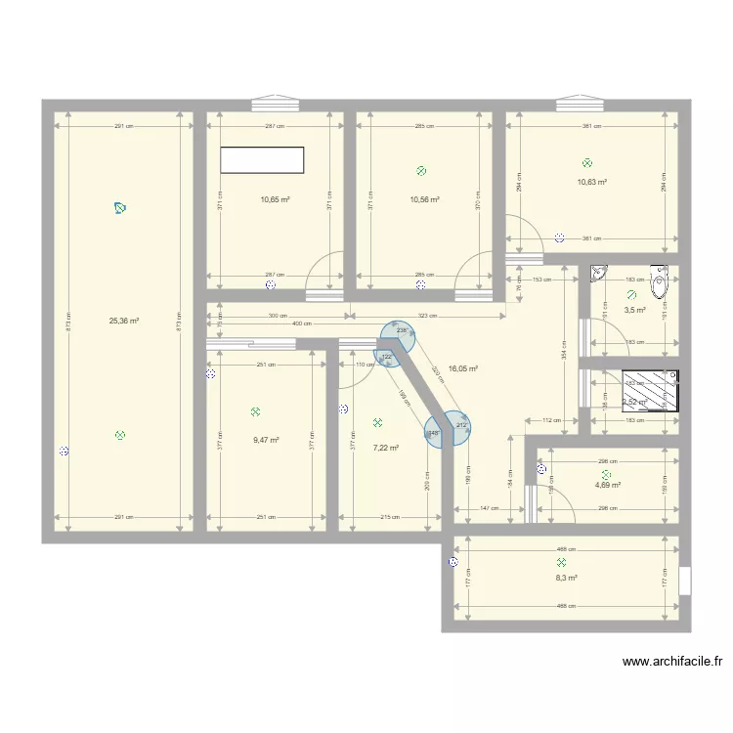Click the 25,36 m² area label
(x=123, y=320)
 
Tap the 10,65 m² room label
(x=275, y=199)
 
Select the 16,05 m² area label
(x=462, y=369)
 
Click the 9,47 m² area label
(x=266, y=440)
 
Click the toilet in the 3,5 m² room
(x=661, y=284)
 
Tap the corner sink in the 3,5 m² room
(x=599, y=277)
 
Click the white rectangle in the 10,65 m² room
(x=263, y=161)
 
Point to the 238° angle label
(x=401, y=330)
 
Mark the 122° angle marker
(x=387, y=357)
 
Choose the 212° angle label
(x=460, y=424)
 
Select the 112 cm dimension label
(x=551, y=420)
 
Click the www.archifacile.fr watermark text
(x=672, y=662)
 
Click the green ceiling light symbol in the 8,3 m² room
(x=561, y=563)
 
